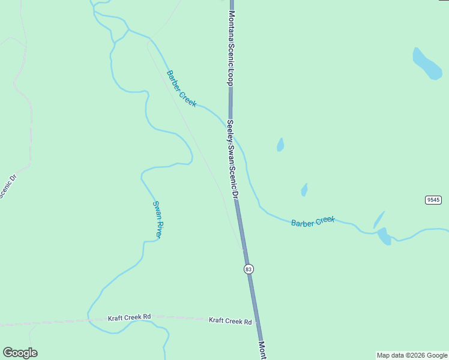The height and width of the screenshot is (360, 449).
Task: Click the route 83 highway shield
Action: [x=249, y=269]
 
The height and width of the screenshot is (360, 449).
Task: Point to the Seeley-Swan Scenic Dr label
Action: [x=233, y=159]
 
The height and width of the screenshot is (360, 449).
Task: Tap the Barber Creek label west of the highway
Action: [x=181, y=89]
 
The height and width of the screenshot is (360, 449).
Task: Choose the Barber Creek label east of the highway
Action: [x=313, y=221]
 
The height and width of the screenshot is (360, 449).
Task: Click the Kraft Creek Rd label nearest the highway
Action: [x=230, y=321]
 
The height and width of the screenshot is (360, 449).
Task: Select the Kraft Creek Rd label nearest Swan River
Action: [x=129, y=317]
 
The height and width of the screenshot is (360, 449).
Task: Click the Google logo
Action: [x=20, y=353]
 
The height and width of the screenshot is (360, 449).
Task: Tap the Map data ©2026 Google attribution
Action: [x=412, y=355]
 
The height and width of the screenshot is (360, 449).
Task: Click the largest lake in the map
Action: [x=427, y=64]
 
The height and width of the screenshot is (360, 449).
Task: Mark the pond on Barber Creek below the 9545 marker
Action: [x=384, y=236]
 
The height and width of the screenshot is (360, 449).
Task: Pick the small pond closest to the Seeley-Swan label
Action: [x=280, y=145]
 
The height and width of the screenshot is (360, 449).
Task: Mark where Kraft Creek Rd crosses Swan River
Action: [x=89, y=320]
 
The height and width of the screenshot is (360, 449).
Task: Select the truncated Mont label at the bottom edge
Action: [x=262, y=350]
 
